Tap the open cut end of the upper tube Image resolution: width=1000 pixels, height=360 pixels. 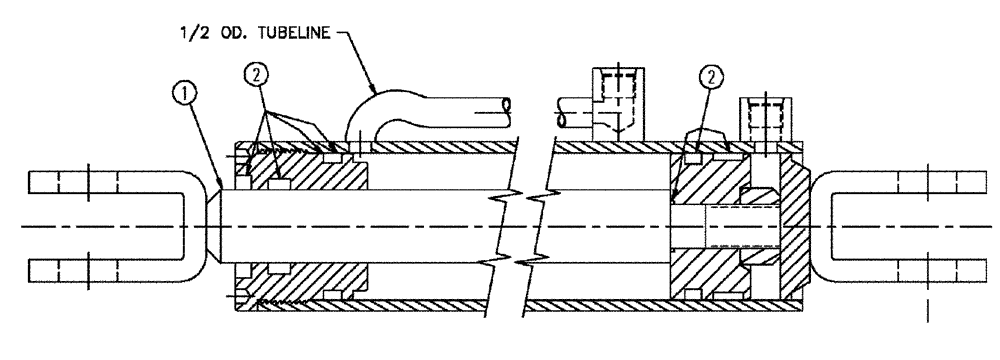pyautogui.click(x=508, y=103)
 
